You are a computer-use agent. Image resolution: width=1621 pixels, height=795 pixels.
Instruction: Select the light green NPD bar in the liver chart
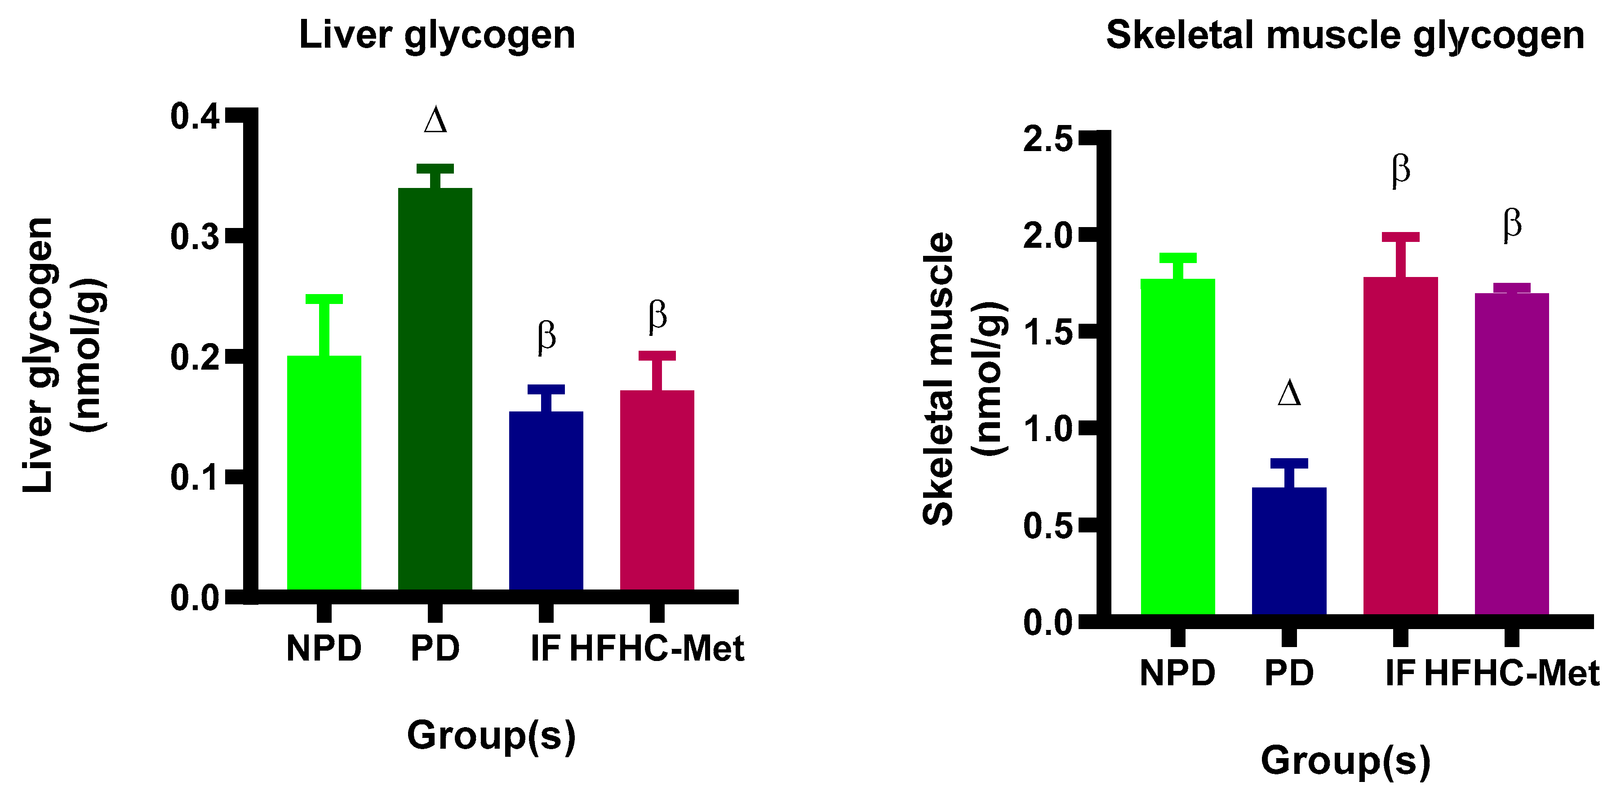click(324, 472)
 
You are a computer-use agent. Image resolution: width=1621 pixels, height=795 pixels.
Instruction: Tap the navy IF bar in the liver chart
click(546, 500)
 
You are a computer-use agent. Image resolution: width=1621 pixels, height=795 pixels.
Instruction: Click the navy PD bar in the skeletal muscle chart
click(1289, 551)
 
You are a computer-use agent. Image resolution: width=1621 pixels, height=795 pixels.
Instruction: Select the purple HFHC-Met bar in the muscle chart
click(1511, 453)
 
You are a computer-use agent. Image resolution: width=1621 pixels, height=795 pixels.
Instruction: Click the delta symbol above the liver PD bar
click(435, 120)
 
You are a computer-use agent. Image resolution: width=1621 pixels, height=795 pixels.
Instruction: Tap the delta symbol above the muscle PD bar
click(1289, 393)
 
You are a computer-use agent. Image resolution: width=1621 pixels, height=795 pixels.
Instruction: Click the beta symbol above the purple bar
click(1511, 225)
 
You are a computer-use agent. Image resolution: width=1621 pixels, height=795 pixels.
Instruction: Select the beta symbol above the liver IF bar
click(546, 337)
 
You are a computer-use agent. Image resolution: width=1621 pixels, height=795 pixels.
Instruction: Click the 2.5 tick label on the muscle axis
click(1048, 138)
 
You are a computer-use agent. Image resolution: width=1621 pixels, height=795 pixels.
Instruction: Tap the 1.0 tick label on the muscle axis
click(1048, 429)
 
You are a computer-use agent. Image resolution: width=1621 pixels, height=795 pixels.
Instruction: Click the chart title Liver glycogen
click(437, 35)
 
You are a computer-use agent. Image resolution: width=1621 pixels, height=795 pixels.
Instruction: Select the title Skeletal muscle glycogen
click(1345, 35)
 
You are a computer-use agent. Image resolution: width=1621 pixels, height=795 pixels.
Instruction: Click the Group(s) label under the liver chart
click(491, 735)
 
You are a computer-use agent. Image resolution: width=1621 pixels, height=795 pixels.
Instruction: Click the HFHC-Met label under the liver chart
click(656, 648)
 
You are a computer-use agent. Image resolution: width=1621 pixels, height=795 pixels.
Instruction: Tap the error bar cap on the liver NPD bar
click(324, 299)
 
